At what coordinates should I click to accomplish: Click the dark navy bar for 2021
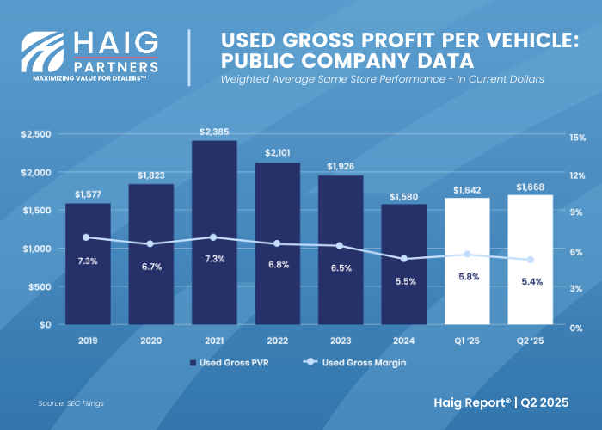pyautogui.click(x=214, y=232)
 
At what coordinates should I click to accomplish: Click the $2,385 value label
pyautogui.click(x=214, y=132)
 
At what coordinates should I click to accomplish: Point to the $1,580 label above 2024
pyautogui.click(x=403, y=195)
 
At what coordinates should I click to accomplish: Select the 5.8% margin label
pyautogui.click(x=466, y=277)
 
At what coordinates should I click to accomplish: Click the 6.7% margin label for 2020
pyautogui.click(x=151, y=267)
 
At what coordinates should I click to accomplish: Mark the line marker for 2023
pyautogui.click(x=340, y=246)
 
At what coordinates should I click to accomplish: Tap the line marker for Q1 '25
pyautogui.click(x=467, y=254)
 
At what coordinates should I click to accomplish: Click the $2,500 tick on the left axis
pyautogui.click(x=35, y=135)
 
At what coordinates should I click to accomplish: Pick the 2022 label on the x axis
pyautogui.click(x=278, y=341)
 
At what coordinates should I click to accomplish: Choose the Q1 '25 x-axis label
pyautogui.click(x=467, y=341)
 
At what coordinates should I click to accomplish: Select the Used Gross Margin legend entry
pyautogui.click(x=356, y=363)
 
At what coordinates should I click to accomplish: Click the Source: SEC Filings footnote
pyautogui.click(x=72, y=402)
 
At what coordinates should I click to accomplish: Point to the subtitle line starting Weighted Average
pyautogui.click(x=382, y=79)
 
